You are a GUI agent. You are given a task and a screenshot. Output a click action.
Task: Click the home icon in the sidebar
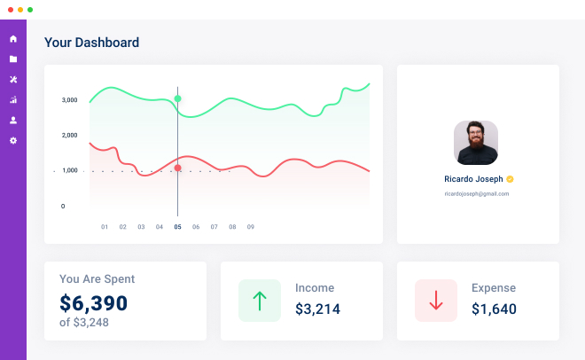point(13,39)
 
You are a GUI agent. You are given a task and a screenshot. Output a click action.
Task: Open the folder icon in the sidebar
point(13,59)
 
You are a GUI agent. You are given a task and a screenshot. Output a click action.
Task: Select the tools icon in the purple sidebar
point(13,80)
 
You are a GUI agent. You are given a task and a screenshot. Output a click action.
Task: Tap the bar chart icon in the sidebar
point(13,100)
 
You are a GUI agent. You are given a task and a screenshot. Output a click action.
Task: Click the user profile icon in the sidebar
point(13,121)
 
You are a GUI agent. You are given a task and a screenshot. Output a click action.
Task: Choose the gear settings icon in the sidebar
point(13,141)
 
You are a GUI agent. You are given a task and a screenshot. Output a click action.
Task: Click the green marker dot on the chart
point(178,98)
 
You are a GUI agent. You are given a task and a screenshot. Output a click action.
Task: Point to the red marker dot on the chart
point(178,168)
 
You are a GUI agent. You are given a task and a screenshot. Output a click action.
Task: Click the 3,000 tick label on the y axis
point(70,100)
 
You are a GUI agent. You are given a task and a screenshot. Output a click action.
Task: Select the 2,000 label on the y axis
point(70,136)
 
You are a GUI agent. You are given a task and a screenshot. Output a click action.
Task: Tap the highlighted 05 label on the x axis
point(177,227)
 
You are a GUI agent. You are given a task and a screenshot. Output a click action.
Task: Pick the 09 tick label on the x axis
point(251,227)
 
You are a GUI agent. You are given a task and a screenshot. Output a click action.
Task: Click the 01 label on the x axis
point(105,227)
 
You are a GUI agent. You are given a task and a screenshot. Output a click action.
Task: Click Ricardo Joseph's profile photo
point(476,143)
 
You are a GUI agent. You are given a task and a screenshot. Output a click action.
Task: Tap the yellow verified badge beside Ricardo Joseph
point(511,179)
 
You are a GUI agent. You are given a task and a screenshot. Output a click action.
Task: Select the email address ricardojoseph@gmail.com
point(476,193)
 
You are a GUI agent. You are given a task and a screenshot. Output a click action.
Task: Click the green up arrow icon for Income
point(260,301)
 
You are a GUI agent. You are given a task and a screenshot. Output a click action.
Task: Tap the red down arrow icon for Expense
point(436,301)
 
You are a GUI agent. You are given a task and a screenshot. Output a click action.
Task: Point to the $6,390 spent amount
point(94,303)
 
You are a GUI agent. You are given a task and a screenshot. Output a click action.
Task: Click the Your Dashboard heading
point(91,43)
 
